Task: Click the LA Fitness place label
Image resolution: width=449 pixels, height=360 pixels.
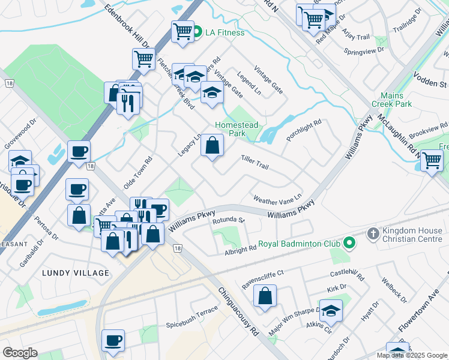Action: pyautogui.click(x=225, y=32)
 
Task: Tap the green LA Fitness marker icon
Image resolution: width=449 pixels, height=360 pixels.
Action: pyautogui.click(x=197, y=32)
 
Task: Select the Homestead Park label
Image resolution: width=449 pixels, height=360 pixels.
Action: pyautogui.click(x=237, y=129)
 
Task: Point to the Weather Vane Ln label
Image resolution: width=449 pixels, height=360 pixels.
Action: pyautogui.click(x=277, y=199)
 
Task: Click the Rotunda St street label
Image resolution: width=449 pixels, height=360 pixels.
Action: pyautogui.click(x=229, y=221)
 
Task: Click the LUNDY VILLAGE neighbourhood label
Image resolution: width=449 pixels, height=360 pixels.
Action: pyautogui.click(x=76, y=273)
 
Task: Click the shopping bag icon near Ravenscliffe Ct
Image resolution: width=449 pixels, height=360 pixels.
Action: pyautogui.click(x=265, y=296)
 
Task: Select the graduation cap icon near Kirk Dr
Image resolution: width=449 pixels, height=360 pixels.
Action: pyautogui.click(x=330, y=310)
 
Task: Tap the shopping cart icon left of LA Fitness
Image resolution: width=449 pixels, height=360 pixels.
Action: pyautogui.click(x=182, y=31)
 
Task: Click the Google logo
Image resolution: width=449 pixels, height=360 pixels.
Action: pyautogui.click(x=20, y=353)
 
